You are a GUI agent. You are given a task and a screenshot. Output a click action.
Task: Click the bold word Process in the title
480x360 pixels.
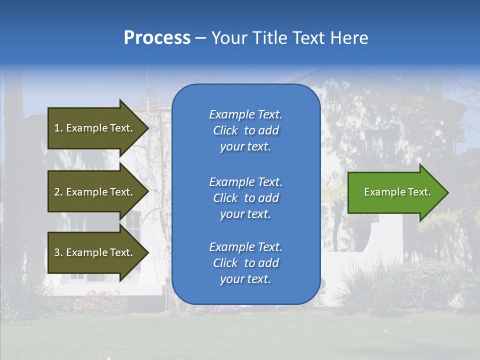coord(157,38)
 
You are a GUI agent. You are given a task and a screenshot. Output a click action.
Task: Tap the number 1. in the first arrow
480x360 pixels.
coord(58,128)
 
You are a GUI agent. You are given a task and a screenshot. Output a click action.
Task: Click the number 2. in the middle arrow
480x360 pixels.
coord(58,192)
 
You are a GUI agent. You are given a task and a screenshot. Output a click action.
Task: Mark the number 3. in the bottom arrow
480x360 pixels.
coord(58,252)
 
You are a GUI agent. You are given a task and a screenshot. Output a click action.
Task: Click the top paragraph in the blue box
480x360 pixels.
coord(245,130)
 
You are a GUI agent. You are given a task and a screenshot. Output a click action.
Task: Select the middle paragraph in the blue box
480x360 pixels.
coord(245,198)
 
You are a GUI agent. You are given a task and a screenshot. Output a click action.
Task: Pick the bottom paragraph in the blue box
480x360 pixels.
coord(245,263)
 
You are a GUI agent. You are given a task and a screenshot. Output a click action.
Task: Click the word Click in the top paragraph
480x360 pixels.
coord(225,130)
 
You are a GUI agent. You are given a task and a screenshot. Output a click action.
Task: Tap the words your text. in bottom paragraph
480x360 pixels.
coord(245,279)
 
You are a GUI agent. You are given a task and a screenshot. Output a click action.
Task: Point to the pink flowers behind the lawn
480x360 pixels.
coord(95,300)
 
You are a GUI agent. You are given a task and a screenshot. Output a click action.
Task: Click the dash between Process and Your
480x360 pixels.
coord(200,38)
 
